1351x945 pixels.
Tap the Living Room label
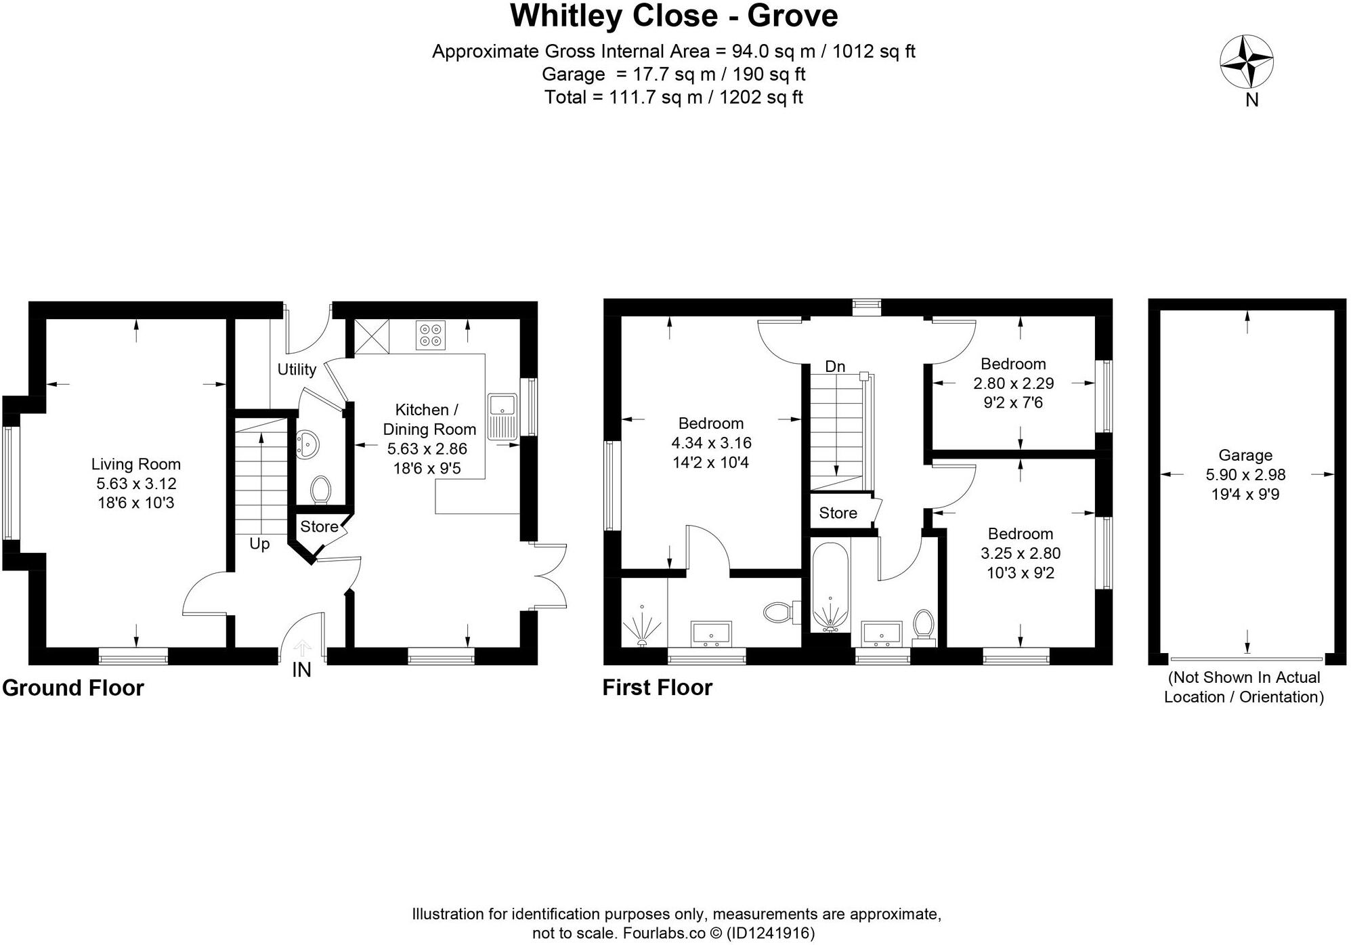[136, 464]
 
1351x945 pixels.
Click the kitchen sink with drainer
[502, 416]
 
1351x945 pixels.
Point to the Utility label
[297, 369]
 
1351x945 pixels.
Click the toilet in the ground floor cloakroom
[320, 490]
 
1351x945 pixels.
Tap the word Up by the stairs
[259, 544]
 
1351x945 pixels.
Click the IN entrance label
[301, 670]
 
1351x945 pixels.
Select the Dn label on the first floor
[835, 366]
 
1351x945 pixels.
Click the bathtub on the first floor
[830, 587]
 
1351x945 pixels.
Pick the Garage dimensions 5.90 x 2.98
[1245, 475]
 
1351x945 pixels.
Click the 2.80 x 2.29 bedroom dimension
[1013, 383]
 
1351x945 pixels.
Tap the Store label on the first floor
[838, 513]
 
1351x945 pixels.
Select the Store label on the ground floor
[319, 526]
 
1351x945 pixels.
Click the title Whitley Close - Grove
[674, 16]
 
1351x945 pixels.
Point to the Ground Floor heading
[73, 688]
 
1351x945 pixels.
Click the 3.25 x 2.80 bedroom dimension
[1021, 553]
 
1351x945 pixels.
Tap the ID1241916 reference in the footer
[770, 933]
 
